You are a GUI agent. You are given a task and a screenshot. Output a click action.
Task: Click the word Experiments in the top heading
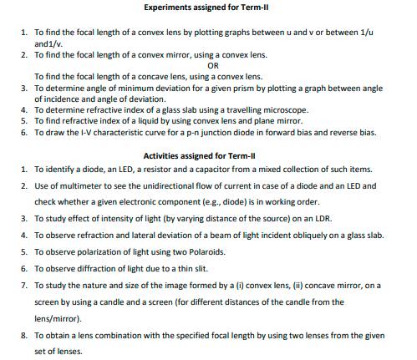(171, 8)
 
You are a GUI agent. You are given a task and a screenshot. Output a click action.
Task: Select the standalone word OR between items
(213, 64)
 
